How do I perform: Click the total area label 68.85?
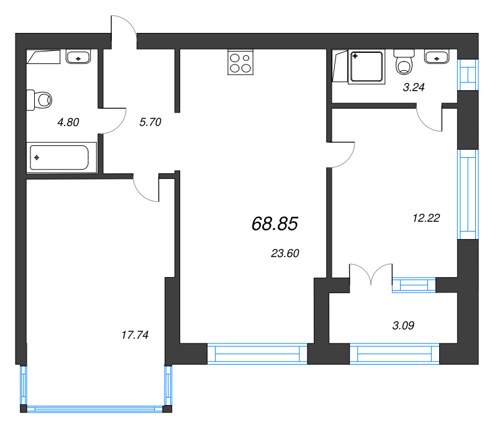coord(275,224)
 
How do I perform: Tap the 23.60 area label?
coord(285,253)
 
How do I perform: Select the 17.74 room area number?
coord(135,335)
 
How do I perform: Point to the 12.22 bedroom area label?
coord(426,218)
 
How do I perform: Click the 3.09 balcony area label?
coord(403,326)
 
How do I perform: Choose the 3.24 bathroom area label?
coord(414,87)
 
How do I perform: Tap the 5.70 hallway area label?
coord(150,122)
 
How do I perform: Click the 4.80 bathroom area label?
coord(68,122)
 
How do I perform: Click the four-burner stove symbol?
coord(240,62)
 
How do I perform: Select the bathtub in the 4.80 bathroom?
coord(62,158)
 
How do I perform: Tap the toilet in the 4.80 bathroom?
coord(39,100)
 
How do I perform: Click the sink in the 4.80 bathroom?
coord(78,57)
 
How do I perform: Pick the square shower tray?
coord(367,67)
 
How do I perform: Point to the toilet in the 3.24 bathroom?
coord(404,62)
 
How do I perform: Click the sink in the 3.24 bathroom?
coord(437,57)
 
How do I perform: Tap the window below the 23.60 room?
coord(257,353)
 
